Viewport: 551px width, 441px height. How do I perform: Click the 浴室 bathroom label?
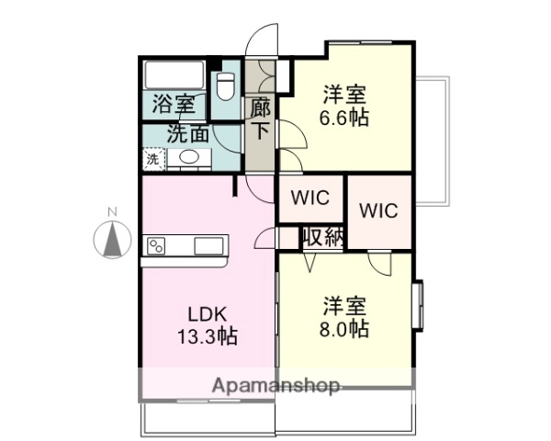click(x=174, y=105)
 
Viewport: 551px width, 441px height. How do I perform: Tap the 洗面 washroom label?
click(x=188, y=132)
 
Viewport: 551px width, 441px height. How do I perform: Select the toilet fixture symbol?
click(x=226, y=87)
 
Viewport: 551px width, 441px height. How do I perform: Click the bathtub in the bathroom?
click(x=175, y=73)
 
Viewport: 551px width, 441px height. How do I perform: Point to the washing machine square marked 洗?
click(x=152, y=158)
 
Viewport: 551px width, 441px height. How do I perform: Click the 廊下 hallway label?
click(x=260, y=118)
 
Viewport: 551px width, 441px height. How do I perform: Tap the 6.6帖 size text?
click(x=345, y=119)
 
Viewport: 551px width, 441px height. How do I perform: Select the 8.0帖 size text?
click(x=345, y=328)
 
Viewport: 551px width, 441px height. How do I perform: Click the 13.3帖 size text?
click(x=207, y=336)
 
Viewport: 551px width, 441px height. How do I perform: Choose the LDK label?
click(x=208, y=311)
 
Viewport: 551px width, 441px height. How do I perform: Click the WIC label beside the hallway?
click(x=309, y=197)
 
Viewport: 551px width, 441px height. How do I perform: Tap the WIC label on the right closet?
click(x=377, y=210)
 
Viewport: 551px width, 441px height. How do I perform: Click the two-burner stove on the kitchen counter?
click(x=157, y=245)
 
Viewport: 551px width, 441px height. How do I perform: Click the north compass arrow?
click(x=114, y=240)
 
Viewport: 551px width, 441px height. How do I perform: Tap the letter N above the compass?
click(x=114, y=213)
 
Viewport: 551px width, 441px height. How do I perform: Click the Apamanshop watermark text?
click(x=276, y=385)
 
